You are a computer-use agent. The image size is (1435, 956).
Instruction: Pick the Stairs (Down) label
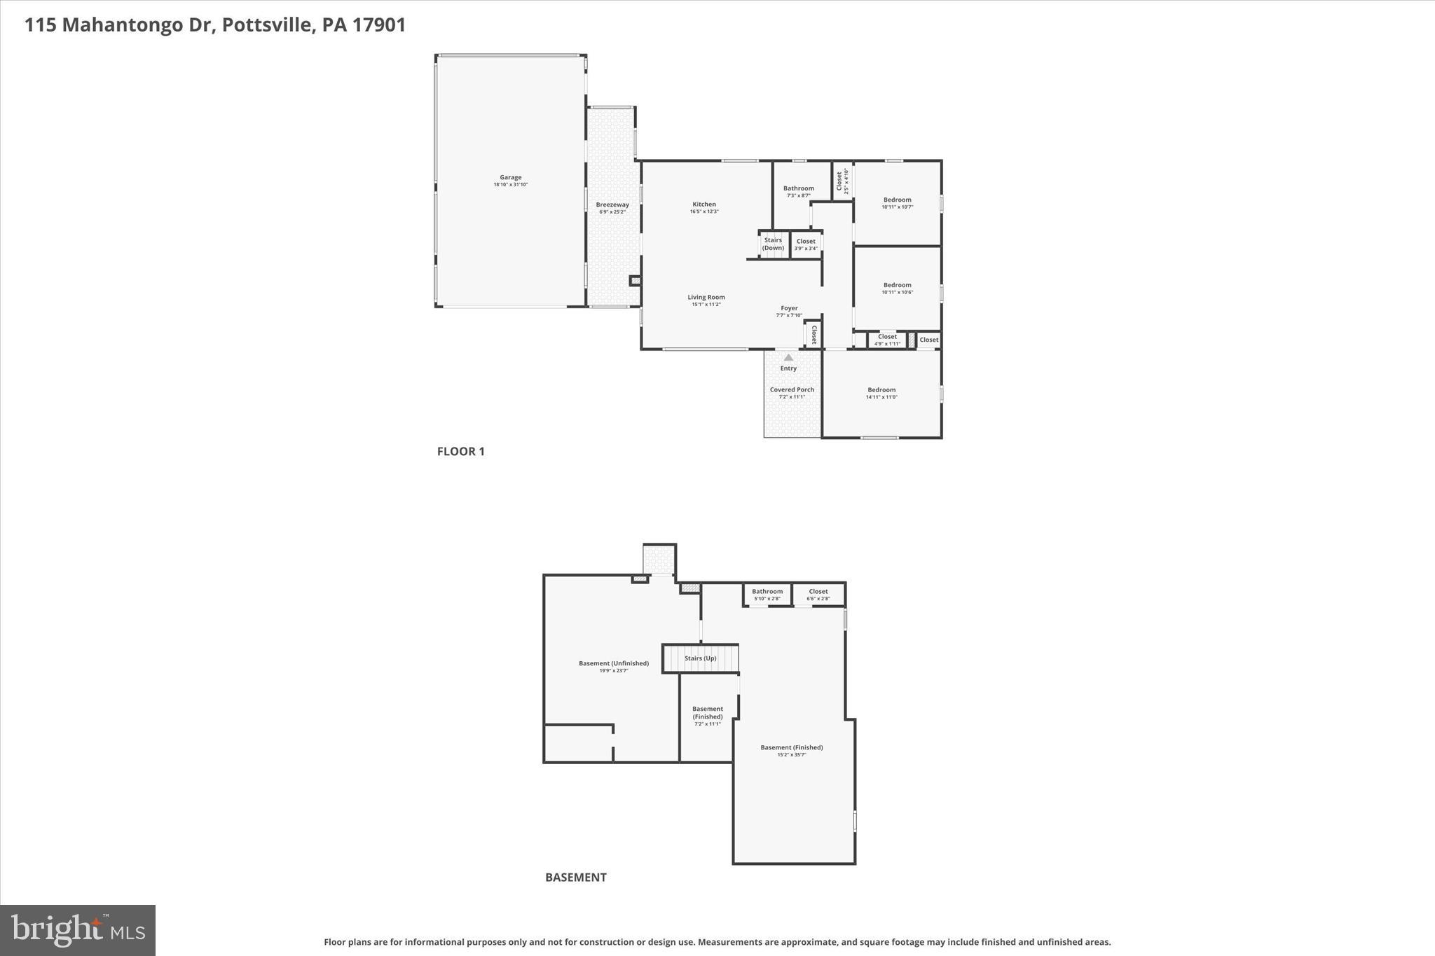[773, 244]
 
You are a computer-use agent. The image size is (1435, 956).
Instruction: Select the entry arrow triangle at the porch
[788, 358]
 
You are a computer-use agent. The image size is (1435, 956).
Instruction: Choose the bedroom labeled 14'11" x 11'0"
[881, 393]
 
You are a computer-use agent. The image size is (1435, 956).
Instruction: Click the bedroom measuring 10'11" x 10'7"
[897, 203]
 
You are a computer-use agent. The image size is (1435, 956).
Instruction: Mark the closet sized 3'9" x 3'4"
[806, 244]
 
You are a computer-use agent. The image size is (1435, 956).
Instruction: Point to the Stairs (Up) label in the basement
[700, 658]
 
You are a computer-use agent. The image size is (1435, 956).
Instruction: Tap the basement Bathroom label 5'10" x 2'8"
[767, 595]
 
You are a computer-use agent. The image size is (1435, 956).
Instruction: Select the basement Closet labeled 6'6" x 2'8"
[818, 595]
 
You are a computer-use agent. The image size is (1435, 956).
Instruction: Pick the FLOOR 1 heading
[460, 451]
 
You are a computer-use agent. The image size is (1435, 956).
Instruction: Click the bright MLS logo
[78, 930]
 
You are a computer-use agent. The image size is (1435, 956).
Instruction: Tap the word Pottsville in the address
[266, 25]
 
